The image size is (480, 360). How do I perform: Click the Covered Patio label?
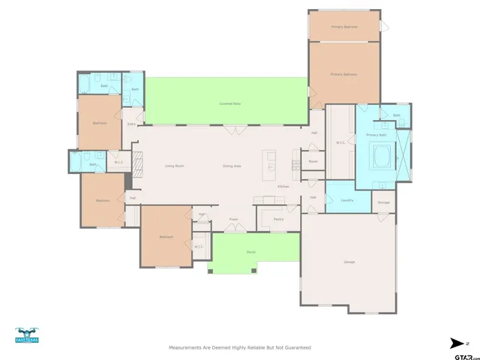(x=229, y=103)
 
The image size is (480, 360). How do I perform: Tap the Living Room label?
(x=175, y=165)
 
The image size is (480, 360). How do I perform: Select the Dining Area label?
(x=232, y=165)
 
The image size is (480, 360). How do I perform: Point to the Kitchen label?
(x=283, y=186)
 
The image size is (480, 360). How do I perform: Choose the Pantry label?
(x=278, y=219)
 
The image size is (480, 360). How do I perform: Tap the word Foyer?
(x=233, y=220)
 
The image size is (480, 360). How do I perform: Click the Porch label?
(x=251, y=252)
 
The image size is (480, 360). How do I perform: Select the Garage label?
(x=349, y=262)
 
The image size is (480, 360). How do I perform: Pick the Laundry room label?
(x=346, y=200)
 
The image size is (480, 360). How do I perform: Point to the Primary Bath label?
(x=376, y=134)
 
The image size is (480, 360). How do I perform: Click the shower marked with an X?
(x=403, y=155)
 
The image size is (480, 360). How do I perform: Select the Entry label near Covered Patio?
(x=131, y=124)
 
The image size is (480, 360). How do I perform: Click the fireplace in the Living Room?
(x=136, y=162)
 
